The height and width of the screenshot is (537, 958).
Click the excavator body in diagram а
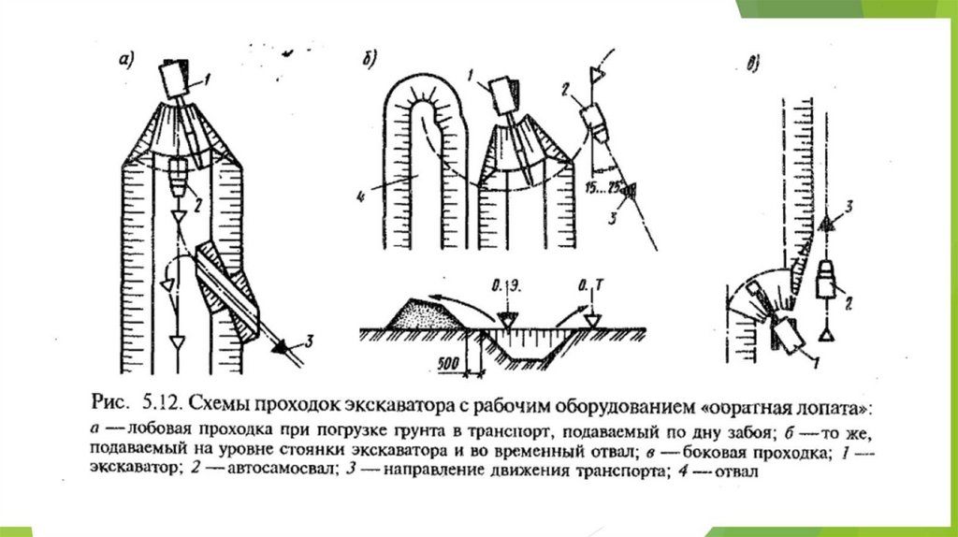pos(173,80)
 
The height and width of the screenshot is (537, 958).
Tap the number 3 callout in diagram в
pos(848,204)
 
